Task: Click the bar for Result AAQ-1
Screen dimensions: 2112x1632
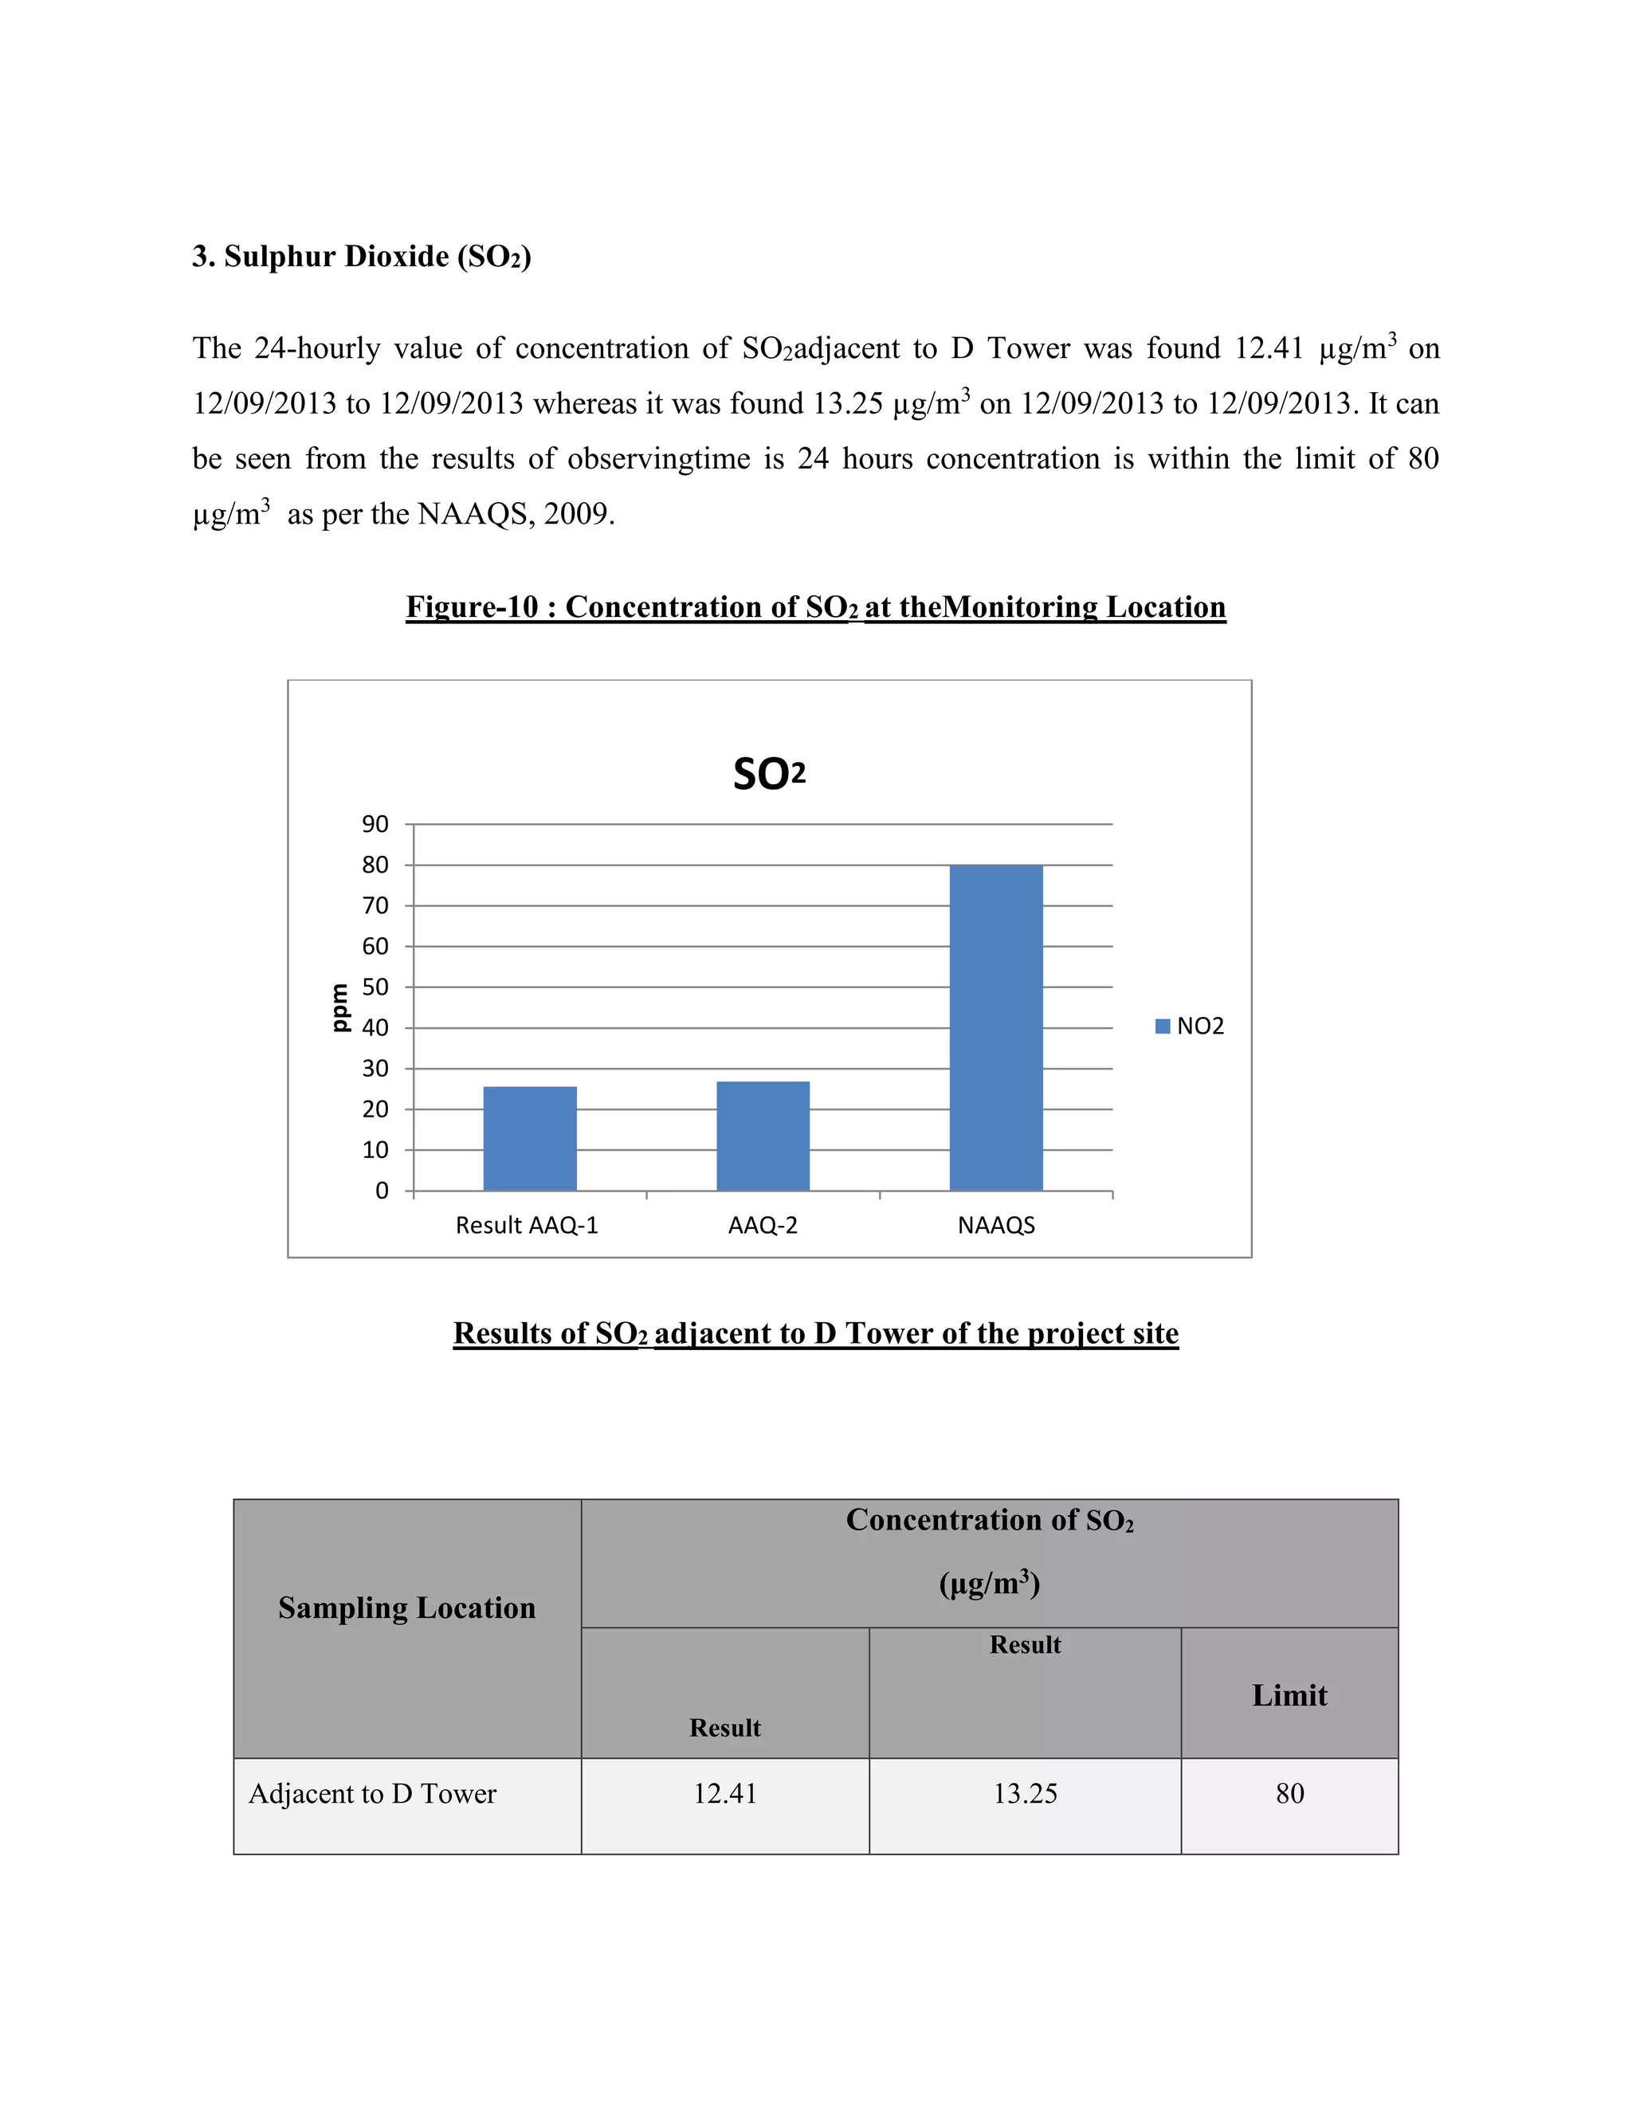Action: (530, 1138)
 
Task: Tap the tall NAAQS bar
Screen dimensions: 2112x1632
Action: (996, 1027)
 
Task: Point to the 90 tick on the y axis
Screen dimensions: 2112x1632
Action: (375, 824)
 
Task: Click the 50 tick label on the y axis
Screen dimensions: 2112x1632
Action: (375, 987)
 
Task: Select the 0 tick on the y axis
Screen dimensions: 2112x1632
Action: (382, 1191)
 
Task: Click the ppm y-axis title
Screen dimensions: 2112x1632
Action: (339, 1007)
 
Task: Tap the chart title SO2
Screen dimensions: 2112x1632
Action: (769, 775)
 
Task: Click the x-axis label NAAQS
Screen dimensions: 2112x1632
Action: (996, 1225)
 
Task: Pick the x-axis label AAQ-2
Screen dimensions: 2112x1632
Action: (763, 1225)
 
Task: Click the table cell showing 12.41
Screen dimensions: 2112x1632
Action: (725, 1793)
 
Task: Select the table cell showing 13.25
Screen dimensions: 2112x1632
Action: (1025, 1793)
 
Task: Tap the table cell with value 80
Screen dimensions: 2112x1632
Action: (1290, 1793)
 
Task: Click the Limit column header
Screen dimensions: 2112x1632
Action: (1290, 1694)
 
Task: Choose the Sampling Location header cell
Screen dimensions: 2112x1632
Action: (407, 1608)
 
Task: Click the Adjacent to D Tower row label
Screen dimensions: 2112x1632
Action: (372, 1793)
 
